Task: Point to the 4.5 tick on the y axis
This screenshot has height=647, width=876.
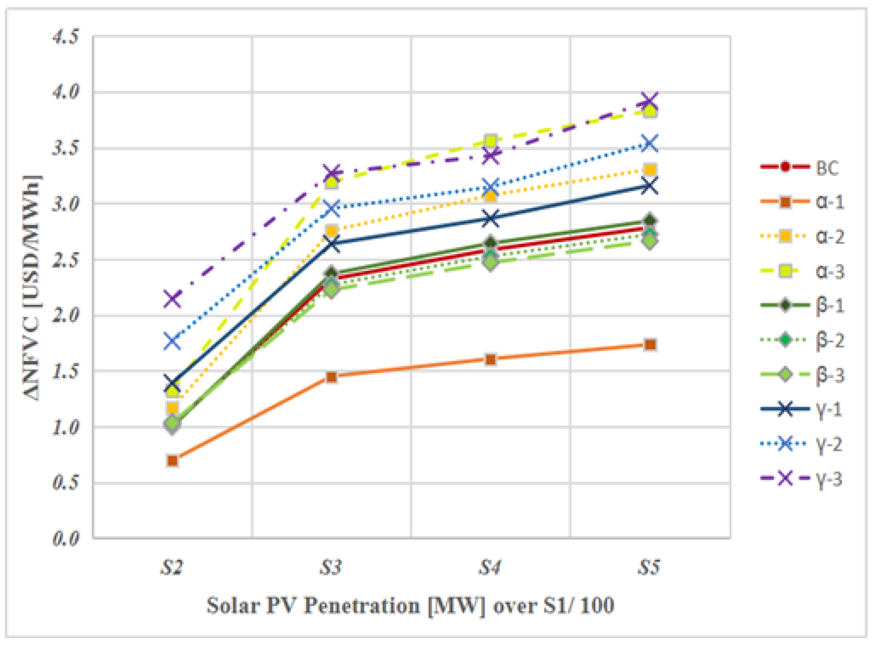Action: pos(65,37)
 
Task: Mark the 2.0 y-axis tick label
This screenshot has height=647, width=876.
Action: pos(65,315)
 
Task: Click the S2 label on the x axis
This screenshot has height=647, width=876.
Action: pos(172,567)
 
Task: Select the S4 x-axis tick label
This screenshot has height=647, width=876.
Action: pos(490,567)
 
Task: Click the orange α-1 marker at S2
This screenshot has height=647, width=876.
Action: pos(172,461)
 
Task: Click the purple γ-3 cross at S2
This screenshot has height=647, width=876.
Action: pos(172,299)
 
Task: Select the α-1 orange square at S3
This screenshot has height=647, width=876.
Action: pos(331,377)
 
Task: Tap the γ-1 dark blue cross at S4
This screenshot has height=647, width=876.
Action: pos(491,219)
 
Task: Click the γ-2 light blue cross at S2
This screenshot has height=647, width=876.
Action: pos(172,341)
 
